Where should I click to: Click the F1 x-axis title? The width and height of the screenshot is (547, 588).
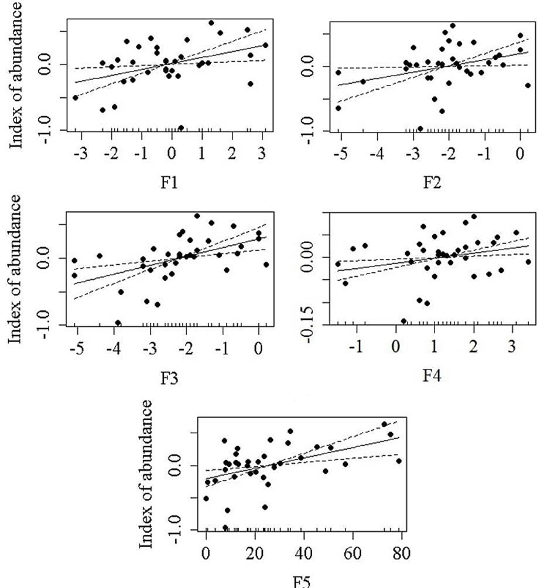click(x=169, y=183)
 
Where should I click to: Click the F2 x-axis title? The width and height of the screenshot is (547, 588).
click(x=432, y=183)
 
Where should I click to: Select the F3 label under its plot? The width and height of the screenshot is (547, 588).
click(x=169, y=379)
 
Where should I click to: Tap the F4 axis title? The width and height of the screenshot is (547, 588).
click(x=432, y=375)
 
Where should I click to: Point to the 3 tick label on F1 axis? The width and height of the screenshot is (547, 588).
click(x=262, y=153)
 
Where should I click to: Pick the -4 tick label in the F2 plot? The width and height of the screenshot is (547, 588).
click(x=376, y=153)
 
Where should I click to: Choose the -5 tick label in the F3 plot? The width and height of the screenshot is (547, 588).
click(x=77, y=349)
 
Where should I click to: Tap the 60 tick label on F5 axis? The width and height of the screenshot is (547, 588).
click(x=353, y=553)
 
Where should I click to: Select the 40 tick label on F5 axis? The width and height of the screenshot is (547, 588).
click(x=304, y=553)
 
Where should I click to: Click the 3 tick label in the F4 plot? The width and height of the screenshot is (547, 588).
click(x=512, y=347)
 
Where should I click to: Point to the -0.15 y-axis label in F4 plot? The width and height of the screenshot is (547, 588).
click(x=307, y=325)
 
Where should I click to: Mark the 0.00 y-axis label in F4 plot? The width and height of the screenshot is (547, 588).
click(x=307, y=257)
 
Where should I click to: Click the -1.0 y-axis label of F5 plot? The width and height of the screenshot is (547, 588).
click(x=175, y=529)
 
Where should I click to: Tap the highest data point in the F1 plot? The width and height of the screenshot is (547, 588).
click(x=211, y=23)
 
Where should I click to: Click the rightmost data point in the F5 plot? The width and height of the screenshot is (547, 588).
click(x=399, y=461)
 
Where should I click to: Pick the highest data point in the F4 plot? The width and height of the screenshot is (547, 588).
click(x=474, y=216)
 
